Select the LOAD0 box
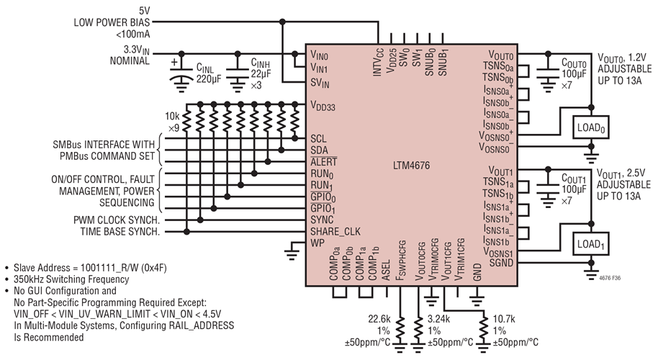click(x=590, y=128)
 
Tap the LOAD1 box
click(x=590, y=246)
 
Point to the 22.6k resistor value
click(x=379, y=320)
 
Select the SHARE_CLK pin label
click(x=335, y=231)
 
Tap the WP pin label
click(x=317, y=243)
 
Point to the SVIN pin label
click(x=320, y=83)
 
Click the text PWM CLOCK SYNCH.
click(x=117, y=219)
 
